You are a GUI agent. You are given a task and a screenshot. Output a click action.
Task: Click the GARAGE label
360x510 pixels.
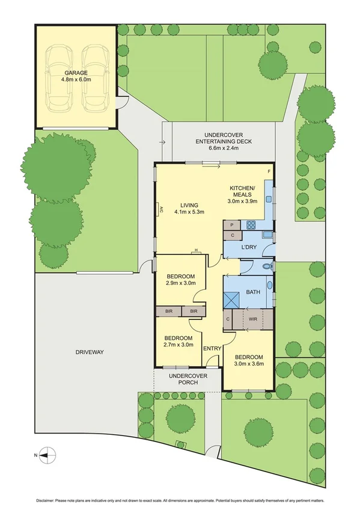[x=75, y=72]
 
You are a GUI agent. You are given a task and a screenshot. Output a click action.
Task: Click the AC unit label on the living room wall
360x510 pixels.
[x=160, y=209]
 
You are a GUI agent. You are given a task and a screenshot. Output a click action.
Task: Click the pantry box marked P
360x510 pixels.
[x=231, y=225]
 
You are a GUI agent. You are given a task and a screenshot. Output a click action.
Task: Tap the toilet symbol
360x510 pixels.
[x=268, y=266]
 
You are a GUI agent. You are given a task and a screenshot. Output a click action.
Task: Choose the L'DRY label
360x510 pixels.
[x=249, y=248]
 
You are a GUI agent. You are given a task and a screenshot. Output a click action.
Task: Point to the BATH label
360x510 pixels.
[x=252, y=292]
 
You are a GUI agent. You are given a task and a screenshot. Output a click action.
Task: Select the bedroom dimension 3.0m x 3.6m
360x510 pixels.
[x=249, y=364]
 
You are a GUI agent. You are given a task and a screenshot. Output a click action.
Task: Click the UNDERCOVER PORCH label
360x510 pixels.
[x=188, y=379]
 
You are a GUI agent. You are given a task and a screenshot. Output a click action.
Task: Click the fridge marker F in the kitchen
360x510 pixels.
[x=269, y=173]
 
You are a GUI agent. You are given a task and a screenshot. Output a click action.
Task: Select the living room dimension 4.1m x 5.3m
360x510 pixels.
[x=190, y=212]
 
